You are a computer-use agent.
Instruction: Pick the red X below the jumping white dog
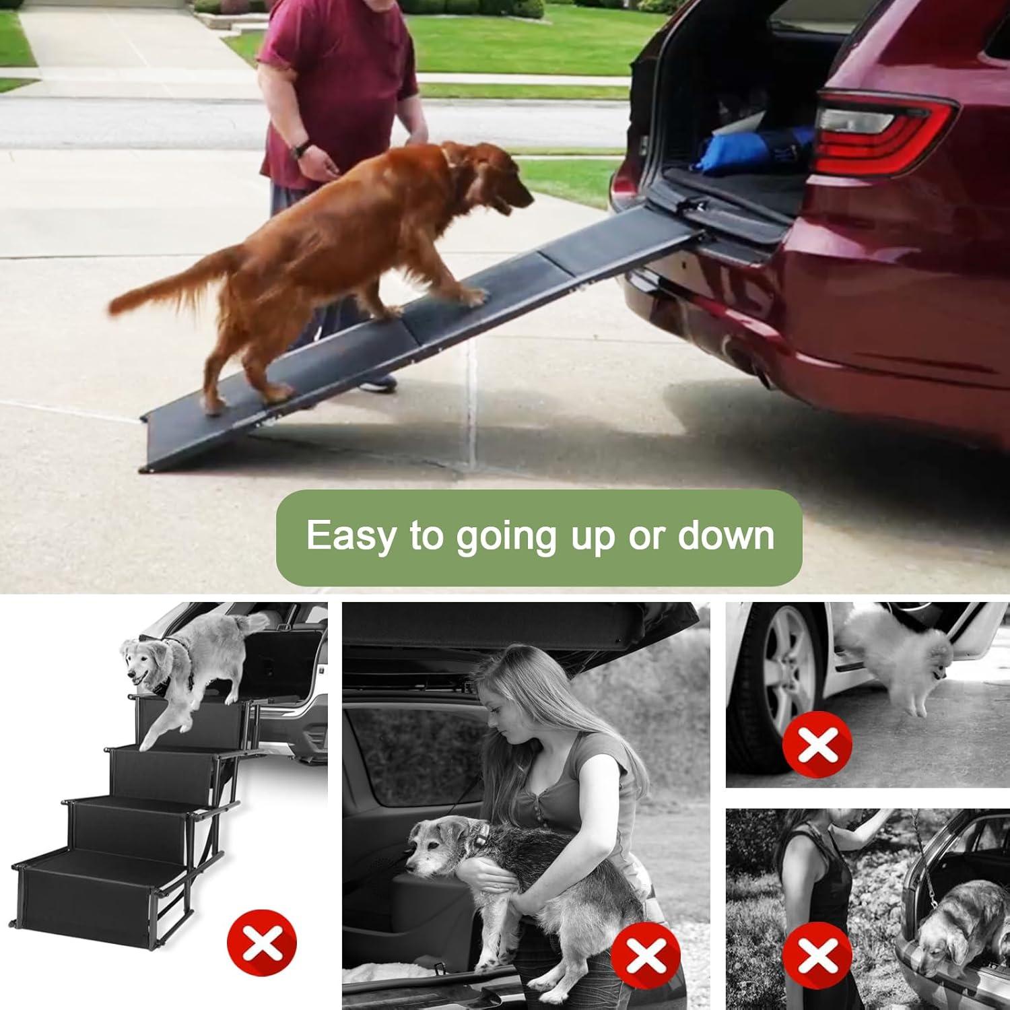pyautogui.click(x=817, y=744)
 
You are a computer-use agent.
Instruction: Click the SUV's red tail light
pyautogui.click(x=882, y=128)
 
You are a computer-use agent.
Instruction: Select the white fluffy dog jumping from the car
pyautogui.click(x=896, y=656)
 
